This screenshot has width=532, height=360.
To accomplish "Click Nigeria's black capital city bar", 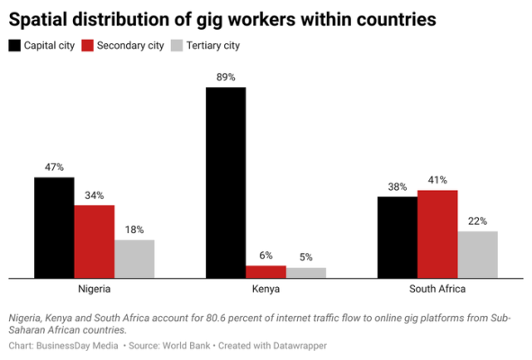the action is click(x=54, y=228).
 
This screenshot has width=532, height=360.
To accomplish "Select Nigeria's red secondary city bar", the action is click(x=95, y=241).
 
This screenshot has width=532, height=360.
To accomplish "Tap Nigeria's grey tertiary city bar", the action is click(x=134, y=259).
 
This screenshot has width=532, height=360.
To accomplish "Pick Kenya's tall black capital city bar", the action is click(x=226, y=183).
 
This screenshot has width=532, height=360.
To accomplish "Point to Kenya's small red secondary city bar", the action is click(x=266, y=272).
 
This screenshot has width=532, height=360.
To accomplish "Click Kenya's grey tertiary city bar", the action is click(x=306, y=273).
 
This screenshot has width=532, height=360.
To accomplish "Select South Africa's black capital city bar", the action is click(x=398, y=238).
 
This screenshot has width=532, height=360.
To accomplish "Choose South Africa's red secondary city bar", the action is click(x=437, y=234).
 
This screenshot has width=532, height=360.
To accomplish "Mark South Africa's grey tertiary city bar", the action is click(x=478, y=255).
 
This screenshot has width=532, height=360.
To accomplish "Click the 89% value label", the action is click(x=226, y=77).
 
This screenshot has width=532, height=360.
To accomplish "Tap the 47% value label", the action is click(x=54, y=166).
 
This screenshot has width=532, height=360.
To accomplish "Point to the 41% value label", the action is click(x=437, y=180).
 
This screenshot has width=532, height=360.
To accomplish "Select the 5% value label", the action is click(x=306, y=257).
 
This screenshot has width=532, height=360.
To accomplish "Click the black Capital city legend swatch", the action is click(x=14, y=46).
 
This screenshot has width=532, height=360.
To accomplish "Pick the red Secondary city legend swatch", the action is click(x=87, y=46).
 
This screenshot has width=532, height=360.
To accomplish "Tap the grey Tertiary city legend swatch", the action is click(x=176, y=46).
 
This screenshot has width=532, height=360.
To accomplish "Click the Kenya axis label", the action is click(x=266, y=289).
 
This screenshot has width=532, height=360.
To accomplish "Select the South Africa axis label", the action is click(x=437, y=289).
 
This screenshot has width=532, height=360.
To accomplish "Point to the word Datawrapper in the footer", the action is click(x=300, y=346).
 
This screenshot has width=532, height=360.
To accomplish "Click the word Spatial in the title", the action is click(x=38, y=19).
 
